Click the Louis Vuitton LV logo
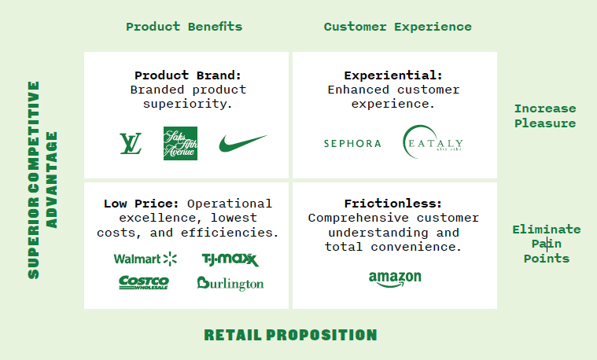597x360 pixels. tap(131, 144)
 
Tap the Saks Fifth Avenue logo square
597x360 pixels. tap(180, 144)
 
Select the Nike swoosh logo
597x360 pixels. tap(242, 143)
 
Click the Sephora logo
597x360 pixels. tap(352, 144)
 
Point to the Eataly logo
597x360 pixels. tap(433, 141)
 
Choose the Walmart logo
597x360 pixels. tap(145, 259)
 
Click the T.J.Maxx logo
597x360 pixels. tap(230, 259)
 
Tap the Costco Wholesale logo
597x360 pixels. tap(143, 283)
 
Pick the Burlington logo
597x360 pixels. tap(230, 284)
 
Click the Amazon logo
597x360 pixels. tap(395, 279)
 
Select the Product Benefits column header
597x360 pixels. tap(184, 27)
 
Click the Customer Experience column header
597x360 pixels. tap(397, 27)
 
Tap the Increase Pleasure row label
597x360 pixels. tap(545, 116)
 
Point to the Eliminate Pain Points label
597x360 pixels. tap(547, 244)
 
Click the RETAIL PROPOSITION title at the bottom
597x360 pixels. tap(290, 335)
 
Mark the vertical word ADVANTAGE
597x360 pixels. tap(51, 180)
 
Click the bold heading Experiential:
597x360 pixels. tap(393, 75)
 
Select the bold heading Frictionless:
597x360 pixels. tap(393, 204)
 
